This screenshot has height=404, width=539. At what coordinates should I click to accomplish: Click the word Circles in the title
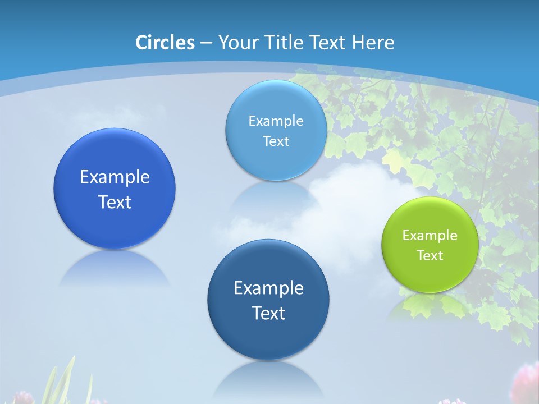coord(165,43)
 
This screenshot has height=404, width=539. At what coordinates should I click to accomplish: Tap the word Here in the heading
coord(373,43)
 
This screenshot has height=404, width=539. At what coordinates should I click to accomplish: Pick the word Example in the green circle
coord(430,236)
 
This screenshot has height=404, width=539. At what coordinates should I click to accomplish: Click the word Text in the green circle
coord(430,256)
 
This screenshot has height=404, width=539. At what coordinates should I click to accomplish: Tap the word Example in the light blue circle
coord(276,121)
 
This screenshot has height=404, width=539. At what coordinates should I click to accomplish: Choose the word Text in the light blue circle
coord(276,141)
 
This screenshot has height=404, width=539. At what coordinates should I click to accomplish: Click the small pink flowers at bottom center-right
coord(452,401)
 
